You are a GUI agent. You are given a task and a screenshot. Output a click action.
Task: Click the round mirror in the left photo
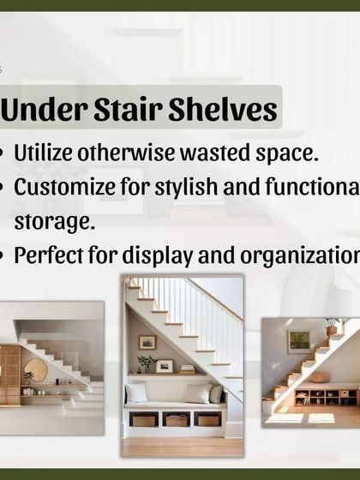pyautogui.click(x=37, y=369)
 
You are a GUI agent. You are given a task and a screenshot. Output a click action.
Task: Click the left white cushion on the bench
pyautogui.click(x=136, y=393)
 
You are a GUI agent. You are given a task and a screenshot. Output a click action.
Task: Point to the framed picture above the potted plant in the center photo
pyautogui.click(x=147, y=342)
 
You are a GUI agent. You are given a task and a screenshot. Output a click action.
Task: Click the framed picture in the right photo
pyautogui.click(x=299, y=341)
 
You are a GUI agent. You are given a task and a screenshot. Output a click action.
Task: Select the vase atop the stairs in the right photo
pyautogui.click(x=331, y=327)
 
